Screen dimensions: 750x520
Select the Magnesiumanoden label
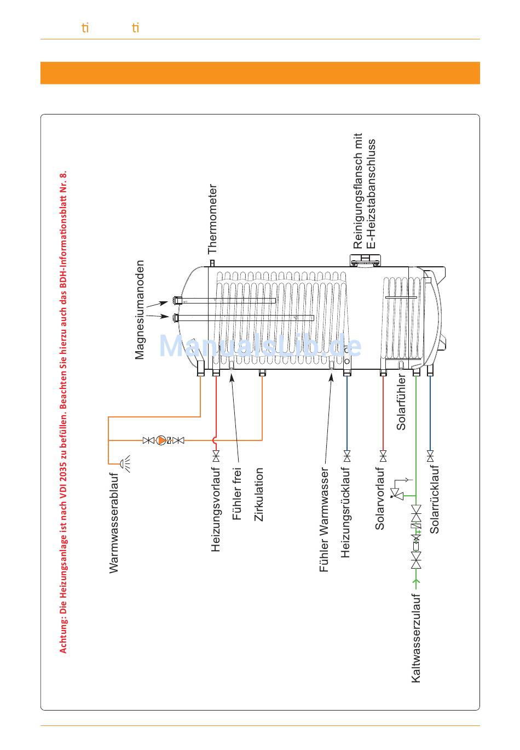140,310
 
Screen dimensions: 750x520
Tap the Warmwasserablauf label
114,523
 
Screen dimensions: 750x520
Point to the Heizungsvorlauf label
216,509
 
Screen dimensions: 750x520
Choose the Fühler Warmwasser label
325,519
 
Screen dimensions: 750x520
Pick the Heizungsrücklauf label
345,512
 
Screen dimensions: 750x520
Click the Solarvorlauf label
380,498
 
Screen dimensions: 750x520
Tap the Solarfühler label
401,403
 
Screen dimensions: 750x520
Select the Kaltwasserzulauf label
417,638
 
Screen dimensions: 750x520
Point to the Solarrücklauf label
435,500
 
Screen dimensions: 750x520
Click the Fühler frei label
237,494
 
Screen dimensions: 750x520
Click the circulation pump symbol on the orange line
162,440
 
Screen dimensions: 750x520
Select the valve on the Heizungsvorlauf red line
216,456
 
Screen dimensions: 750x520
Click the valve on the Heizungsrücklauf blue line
346,456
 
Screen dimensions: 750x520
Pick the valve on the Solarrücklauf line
430,456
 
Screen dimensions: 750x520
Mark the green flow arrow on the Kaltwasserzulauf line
417,581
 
